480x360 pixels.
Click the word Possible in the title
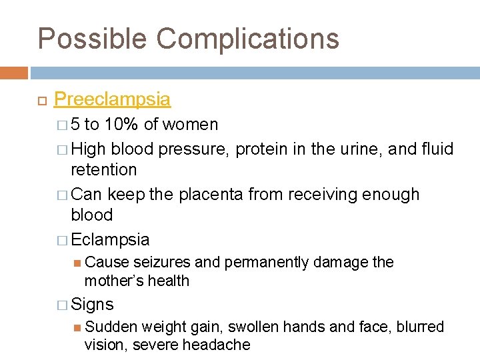(x=92, y=39)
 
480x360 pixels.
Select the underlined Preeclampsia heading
(x=112, y=99)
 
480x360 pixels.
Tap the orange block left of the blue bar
(x=14, y=72)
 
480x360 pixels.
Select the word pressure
(x=195, y=149)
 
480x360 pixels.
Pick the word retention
(x=103, y=170)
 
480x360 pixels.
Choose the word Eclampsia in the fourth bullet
(x=110, y=239)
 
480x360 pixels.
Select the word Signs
(x=92, y=305)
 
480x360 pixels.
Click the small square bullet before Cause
(x=77, y=263)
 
